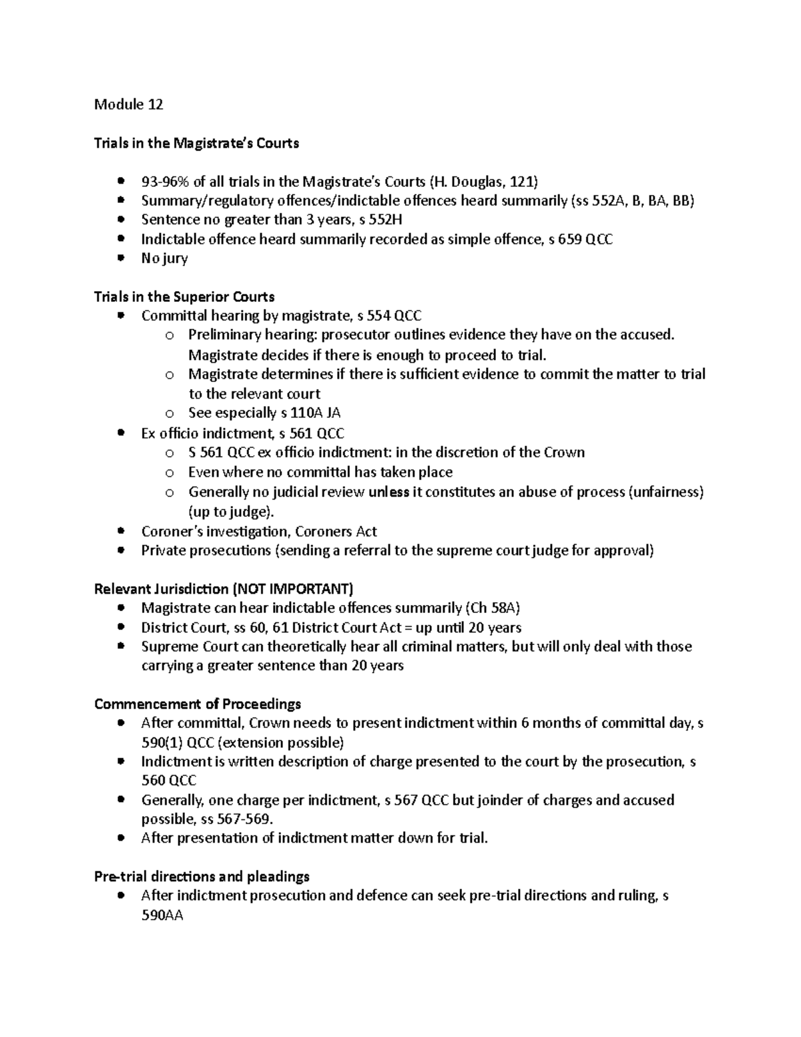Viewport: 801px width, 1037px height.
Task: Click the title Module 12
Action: coord(128,104)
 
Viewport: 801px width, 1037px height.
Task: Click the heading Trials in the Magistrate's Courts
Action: coord(196,143)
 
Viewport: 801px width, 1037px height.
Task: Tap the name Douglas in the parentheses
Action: coord(478,182)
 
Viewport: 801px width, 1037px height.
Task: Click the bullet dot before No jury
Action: coord(120,258)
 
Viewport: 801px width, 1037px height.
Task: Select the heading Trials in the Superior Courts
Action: coord(184,296)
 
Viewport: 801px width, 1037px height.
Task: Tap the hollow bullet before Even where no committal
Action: coord(170,473)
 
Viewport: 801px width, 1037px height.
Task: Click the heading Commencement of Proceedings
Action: coord(198,704)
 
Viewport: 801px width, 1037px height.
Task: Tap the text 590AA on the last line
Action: coord(162,915)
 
